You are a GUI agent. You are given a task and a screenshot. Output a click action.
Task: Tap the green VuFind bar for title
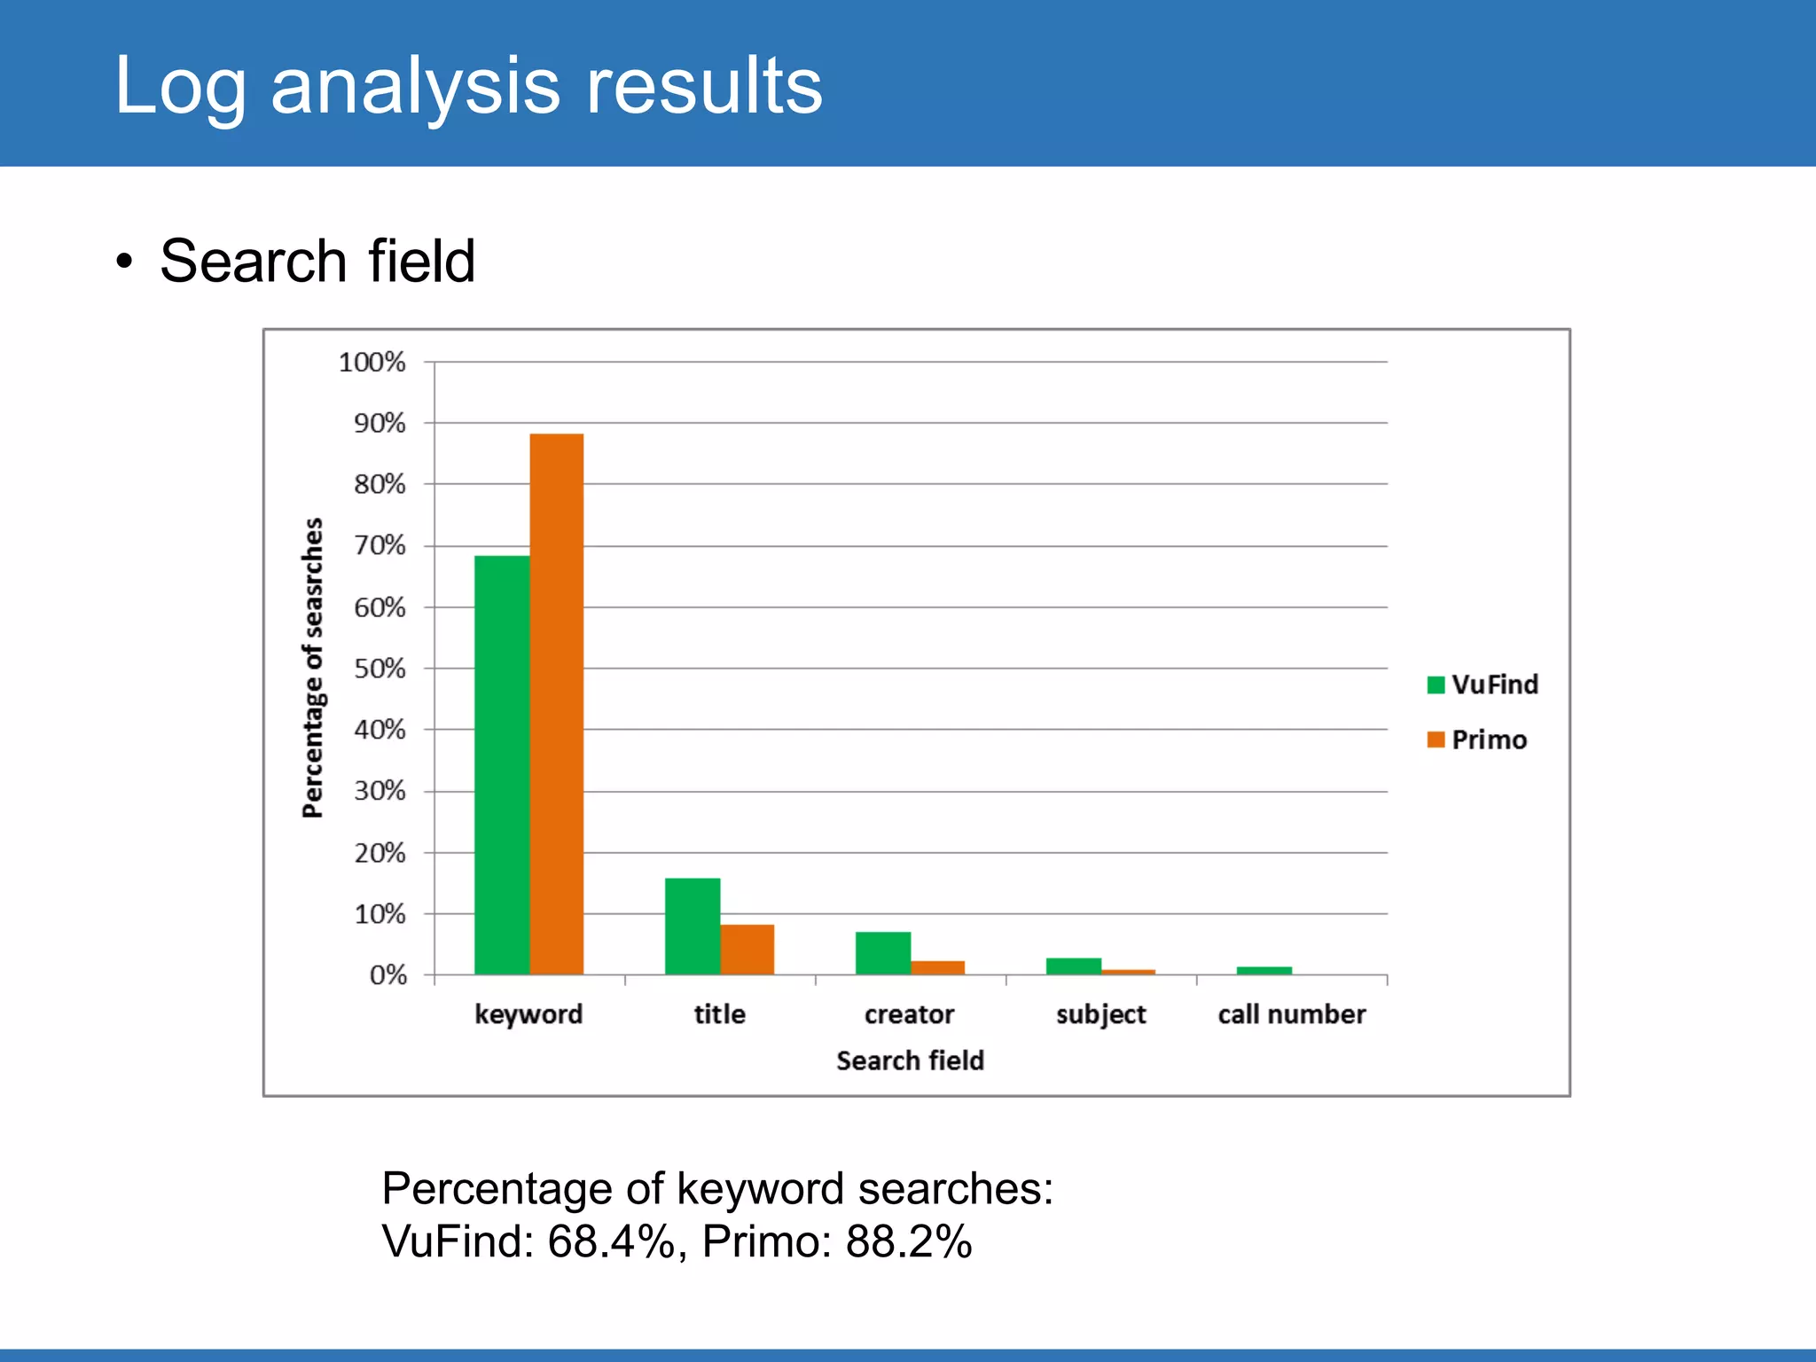pos(693,926)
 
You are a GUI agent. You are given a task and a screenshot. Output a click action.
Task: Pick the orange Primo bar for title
pos(748,949)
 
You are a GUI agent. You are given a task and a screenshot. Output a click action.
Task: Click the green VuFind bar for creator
pos(883,952)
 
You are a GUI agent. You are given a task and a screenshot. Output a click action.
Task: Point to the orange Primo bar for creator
pos(938,967)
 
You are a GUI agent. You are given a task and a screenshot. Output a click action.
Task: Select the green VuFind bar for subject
pos(1074,966)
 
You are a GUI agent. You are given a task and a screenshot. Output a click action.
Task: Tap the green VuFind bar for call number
pos(1264,970)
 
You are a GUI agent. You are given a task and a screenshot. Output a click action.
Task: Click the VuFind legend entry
pos(1483,685)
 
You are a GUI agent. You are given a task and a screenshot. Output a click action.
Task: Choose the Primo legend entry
pos(1477,740)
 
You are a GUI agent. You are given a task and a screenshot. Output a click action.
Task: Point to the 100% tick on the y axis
pos(372,362)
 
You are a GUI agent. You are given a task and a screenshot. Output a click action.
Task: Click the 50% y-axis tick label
pos(380,669)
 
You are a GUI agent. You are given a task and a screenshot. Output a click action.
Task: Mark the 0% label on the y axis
pos(387,975)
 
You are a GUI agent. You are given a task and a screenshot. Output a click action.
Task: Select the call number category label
pos(1292,1014)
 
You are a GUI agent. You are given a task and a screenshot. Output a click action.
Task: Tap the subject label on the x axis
pos(1101,1014)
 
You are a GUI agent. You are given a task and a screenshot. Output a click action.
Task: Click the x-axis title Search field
pos(911,1061)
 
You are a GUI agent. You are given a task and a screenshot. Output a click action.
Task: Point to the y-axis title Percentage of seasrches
pos(313,668)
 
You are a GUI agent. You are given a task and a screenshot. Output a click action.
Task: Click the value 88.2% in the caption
pos(909,1241)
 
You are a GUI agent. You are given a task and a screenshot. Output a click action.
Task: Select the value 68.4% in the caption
pos(612,1241)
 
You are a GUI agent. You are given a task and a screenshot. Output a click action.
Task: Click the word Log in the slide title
pos(180,87)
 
